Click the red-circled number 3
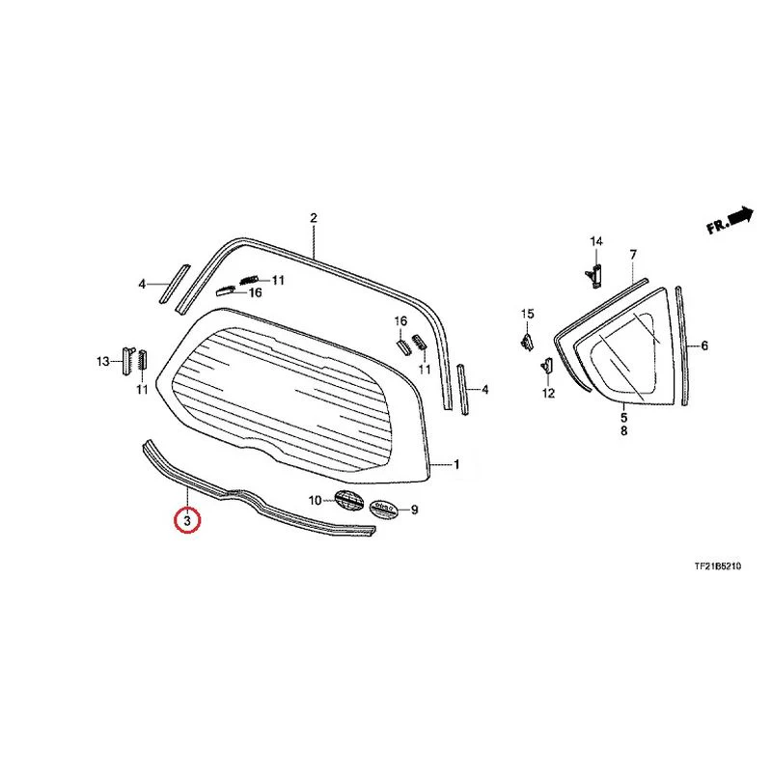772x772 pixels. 187,520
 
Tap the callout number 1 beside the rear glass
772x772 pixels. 456,464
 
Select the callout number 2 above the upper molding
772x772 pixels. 314,218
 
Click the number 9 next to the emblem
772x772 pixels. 415,510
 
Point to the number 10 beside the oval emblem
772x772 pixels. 316,501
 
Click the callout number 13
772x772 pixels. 103,362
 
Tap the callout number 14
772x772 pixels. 596,241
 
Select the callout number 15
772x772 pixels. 527,314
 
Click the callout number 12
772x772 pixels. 548,393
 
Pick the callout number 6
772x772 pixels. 704,346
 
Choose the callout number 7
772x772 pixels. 633,255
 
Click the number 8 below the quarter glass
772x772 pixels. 623,430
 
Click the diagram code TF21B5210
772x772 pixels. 718,566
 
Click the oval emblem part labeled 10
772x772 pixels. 348,500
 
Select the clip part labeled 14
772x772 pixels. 594,275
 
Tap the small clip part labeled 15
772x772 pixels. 527,341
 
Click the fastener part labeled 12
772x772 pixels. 547,366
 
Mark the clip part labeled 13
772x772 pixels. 127,360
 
